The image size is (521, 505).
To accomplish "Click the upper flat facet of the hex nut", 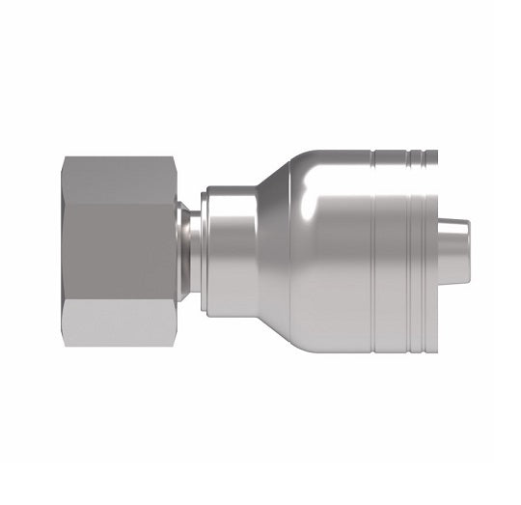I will [121, 180].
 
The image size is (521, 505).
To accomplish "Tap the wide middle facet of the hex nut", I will [121, 252].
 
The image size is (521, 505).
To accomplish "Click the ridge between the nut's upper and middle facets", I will [121, 204].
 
